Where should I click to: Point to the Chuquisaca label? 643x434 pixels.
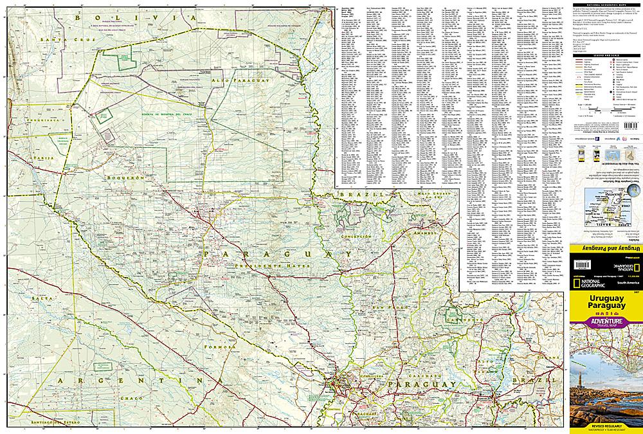42,120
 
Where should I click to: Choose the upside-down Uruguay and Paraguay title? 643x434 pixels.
605,247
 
